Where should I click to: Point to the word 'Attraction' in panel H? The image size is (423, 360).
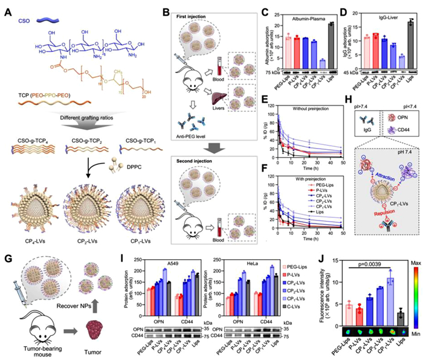tap(376, 155)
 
